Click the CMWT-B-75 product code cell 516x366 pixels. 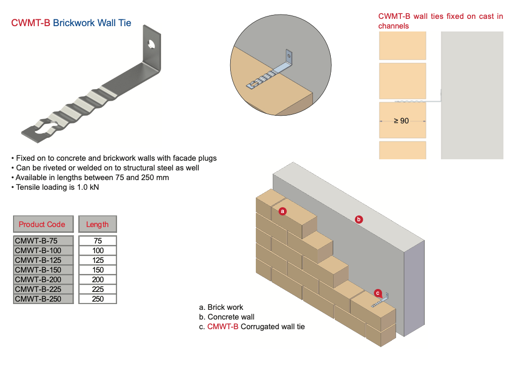click(44, 241)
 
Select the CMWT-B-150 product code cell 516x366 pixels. click(44, 270)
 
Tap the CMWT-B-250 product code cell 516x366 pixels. click(44, 299)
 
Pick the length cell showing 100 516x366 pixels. click(98, 250)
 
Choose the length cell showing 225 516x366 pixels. click(98, 289)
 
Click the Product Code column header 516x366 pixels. click(43, 224)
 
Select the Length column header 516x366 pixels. click(97, 224)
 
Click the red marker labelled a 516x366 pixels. click(283, 211)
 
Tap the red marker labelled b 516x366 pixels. click(359, 219)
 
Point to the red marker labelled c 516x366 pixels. click(378, 292)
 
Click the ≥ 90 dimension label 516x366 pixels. click(401, 121)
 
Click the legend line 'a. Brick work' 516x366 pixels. click(221, 307)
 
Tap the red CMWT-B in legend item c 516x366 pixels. click(222, 326)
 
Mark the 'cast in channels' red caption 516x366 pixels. click(440, 21)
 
